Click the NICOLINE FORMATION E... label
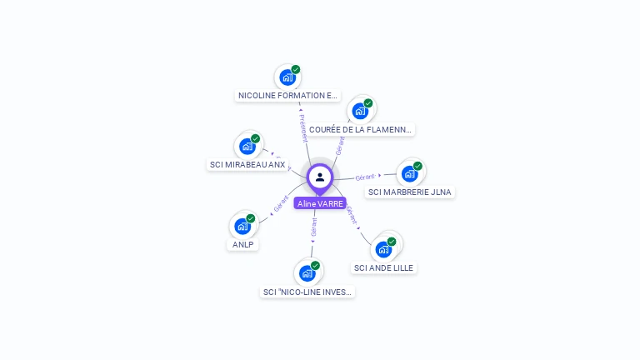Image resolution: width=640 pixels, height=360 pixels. click(x=288, y=96)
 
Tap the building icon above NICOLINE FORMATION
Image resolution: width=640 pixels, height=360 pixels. click(x=287, y=77)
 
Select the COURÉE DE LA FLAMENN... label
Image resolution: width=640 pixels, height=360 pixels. click(x=360, y=129)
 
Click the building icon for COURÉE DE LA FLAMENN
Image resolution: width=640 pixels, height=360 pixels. click(x=360, y=111)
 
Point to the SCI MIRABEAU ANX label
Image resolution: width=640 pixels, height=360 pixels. click(x=247, y=164)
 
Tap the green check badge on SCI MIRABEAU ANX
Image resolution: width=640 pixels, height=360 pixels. click(x=256, y=138)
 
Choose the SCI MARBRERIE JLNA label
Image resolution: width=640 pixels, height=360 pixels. click(x=409, y=192)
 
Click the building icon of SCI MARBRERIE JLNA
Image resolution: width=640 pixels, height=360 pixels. click(x=409, y=173)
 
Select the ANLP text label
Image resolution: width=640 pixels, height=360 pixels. click(x=243, y=244)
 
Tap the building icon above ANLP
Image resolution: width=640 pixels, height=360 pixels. click(x=242, y=226)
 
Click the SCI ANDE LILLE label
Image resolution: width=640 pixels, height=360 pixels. click(x=383, y=267)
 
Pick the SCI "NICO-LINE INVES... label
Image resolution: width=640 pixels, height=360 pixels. click(x=307, y=292)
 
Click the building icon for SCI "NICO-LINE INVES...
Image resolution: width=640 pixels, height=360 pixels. click(x=307, y=273)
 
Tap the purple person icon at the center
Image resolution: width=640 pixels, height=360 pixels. click(x=320, y=177)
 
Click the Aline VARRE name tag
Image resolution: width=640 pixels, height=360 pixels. click(x=320, y=203)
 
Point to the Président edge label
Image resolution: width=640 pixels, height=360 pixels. click(x=303, y=128)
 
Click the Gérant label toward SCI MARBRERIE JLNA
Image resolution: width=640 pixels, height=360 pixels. click(x=365, y=177)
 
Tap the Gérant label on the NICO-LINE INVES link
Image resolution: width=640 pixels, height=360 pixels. click(x=313, y=228)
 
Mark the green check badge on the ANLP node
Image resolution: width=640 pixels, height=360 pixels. click(x=251, y=218)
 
